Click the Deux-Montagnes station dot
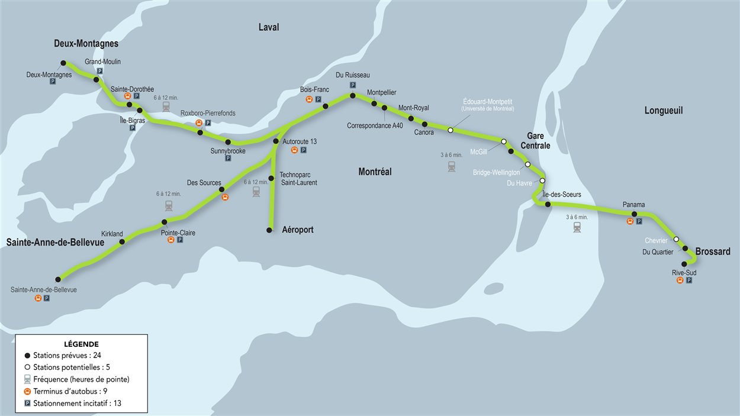coord(63,63)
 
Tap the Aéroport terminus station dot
coord(270,230)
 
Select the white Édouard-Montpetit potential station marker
coord(451,130)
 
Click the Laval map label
coord(268,27)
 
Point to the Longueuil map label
coord(664,111)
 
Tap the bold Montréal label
coord(375,172)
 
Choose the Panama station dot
coord(634,214)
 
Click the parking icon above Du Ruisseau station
coord(353,85)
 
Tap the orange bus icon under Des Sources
coord(225,198)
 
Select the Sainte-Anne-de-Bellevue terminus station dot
coord(58,279)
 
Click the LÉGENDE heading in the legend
coord(81,344)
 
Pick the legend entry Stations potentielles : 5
coord(72,367)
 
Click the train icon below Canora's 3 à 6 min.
coord(452,167)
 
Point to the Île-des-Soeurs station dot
coord(548,204)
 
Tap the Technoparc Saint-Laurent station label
coord(298,179)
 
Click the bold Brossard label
coord(712,251)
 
